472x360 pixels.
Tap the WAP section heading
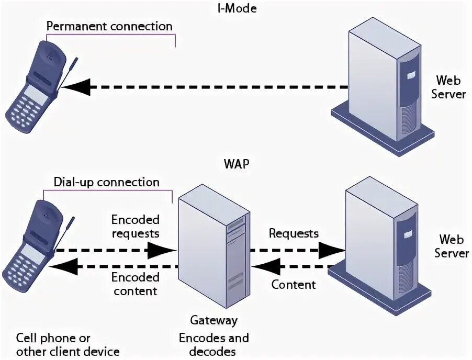point(236,163)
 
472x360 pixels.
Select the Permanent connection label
point(109,26)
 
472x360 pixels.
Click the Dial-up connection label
point(106,182)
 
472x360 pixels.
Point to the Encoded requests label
point(135,226)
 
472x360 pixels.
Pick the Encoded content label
point(135,284)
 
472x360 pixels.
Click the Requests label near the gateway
point(294,233)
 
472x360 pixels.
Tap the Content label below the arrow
point(294,285)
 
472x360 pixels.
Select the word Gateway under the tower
point(213,320)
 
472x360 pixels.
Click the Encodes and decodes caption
point(213,344)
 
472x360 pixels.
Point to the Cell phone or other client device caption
point(68,344)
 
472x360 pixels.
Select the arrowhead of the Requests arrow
point(331,251)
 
